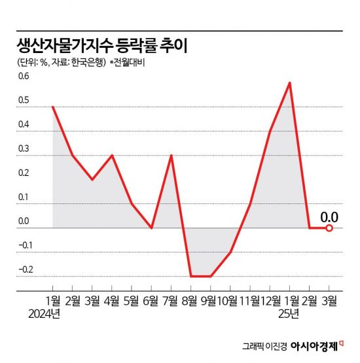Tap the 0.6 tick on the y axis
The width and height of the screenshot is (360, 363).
24,77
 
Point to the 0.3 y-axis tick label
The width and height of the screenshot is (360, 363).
24,149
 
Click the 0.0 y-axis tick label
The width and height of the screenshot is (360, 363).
24,221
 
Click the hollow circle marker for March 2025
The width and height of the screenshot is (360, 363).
329,228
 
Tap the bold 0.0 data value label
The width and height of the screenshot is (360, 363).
329,214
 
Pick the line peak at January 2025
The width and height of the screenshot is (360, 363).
289,82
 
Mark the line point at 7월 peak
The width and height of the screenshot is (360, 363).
171,156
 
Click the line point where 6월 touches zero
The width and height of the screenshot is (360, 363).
151,228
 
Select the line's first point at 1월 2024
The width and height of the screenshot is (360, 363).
52,107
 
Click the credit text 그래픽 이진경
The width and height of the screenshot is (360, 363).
263,346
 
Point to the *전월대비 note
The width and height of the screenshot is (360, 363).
128,63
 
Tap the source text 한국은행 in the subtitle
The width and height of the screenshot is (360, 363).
88,63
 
